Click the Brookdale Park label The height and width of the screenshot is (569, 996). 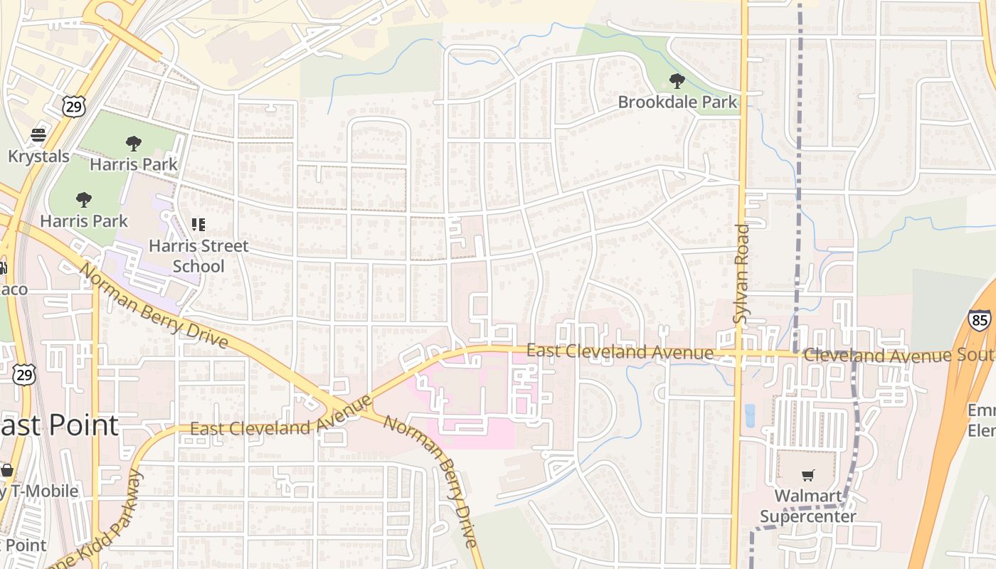[x=677, y=102]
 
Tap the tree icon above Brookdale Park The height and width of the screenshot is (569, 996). [x=677, y=81]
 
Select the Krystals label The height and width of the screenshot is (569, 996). [x=38, y=156]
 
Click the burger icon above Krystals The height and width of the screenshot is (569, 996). [x=38, y=135]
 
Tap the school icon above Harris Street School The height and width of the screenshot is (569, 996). [x=198, y=225]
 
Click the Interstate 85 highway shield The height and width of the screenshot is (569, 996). [x=979, y=319]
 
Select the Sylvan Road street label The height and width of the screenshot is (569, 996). [x=741, y=274]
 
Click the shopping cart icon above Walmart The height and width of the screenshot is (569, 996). [x=807, y=475]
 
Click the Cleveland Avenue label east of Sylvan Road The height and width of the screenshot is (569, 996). [x=896, y=355]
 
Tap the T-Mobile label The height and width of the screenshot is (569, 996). [x=39, y=491]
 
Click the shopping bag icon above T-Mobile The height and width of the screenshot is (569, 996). [x=7, y=470]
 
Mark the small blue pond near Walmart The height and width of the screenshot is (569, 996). [x=750, y=415]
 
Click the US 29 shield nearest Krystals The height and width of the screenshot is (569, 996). [x=73, y=107]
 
